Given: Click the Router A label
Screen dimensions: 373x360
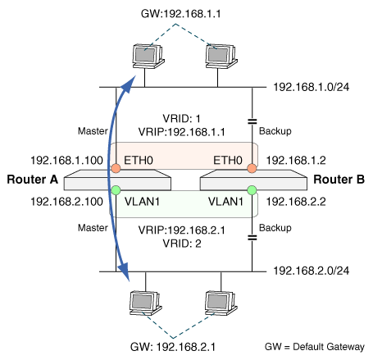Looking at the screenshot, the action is pos(33,180).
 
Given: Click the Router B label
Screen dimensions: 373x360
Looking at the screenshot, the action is pos(339,180).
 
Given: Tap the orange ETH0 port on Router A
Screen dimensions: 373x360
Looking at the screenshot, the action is pos(116,168).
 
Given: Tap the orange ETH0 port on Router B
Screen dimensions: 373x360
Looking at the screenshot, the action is pos(252,168).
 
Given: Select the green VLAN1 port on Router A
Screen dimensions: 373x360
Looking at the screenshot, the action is pos(116,190).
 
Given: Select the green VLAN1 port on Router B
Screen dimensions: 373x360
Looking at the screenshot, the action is pos(252,190).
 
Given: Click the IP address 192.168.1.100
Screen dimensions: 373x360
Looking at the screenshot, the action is pos(66,160).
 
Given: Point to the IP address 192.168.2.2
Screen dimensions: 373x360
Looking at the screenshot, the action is pos(296,202).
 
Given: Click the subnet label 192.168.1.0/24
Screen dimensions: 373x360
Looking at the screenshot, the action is pos(312,87).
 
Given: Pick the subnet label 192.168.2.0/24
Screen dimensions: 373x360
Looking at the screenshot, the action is pos(312,271).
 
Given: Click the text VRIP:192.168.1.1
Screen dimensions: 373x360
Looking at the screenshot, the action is pos(182,132).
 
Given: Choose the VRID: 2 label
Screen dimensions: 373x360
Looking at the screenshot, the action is pos(182,244).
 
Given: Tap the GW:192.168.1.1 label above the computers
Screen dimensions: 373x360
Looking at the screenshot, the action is pos(180,14).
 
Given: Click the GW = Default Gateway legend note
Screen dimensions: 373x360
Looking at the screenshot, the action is pos(315,347).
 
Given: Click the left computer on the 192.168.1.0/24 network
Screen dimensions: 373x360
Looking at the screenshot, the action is pos(148,57).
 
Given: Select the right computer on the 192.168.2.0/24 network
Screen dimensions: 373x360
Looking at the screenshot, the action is pos(221,303).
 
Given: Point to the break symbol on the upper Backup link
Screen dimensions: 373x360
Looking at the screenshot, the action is pos(252,121).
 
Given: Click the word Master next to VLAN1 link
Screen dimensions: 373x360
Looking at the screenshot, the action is pos(93,228).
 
